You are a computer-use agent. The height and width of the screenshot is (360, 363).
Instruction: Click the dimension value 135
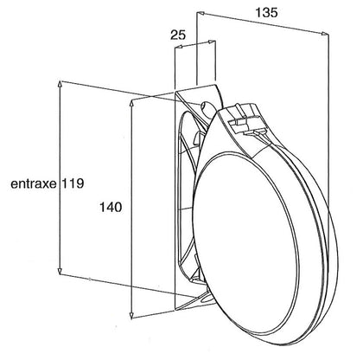266,13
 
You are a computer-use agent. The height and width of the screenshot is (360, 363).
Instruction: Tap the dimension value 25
178,35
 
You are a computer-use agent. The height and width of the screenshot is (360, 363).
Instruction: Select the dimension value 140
111,207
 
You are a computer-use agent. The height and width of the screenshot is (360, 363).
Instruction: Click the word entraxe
34,183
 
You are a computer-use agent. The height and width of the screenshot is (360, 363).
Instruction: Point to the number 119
73,183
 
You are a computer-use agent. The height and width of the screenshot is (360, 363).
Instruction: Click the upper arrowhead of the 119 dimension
60,84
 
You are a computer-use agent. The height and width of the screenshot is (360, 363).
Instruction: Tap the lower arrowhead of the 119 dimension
60,271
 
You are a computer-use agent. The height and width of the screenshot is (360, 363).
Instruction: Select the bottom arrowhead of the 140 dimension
131,316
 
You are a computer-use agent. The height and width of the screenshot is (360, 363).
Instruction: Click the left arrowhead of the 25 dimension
179,47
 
